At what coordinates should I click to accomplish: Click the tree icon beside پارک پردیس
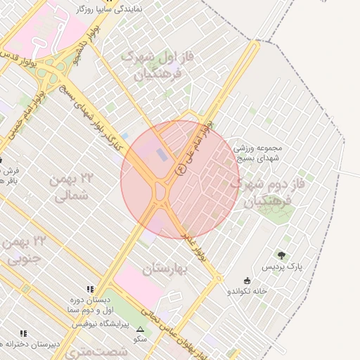282,255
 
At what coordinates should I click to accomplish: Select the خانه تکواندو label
245,290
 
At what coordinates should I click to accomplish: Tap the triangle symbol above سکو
140,329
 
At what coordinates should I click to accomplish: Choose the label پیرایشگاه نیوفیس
100,323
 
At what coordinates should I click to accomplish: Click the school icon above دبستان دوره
89,289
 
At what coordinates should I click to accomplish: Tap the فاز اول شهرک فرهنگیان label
158,63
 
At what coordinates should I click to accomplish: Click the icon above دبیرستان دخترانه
23,333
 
